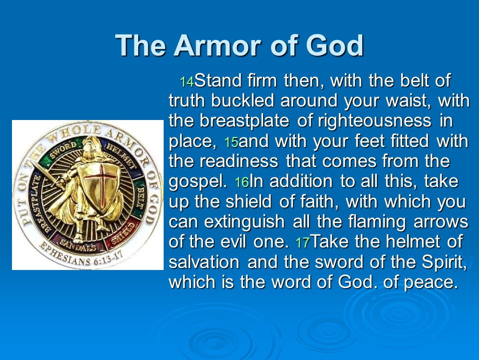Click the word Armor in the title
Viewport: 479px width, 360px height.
(217, 45)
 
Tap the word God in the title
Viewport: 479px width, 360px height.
(334, 45)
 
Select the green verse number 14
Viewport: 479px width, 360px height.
(187, 81)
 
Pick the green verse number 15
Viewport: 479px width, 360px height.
(231, 142)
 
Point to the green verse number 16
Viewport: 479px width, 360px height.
(242, 182)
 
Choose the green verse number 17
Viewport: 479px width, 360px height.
(303, 243)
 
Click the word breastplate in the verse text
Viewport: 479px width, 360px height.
(244, 120)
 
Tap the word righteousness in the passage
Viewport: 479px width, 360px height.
(375, 121)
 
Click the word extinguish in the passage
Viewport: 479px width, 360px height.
(244, 222)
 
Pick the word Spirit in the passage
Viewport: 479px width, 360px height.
(444, 262)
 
